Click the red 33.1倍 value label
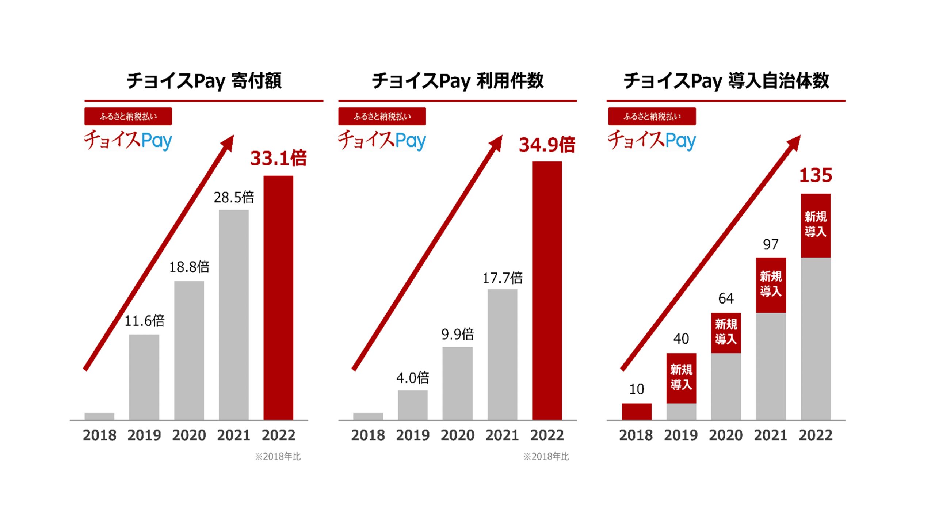pyautogui.click(x=278, y=159)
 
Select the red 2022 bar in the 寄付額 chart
pyautogui.click(x=278, y=298)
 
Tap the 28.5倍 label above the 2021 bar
pyautogui.click(x=234, y=198)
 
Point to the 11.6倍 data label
pyautogui.click(x=144, y=321)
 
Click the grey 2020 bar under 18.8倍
pyautogui.click(x=189, y=351)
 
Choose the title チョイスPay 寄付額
pyautogui.click(x=204, y=81)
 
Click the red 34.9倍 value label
pyautogui.click(x=547, y=145)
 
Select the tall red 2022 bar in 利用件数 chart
pyautogui.click(x=547, y=290)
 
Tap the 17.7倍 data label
pyautogui.click(x=502, y=278)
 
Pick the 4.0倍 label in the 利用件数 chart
pyautogui.click(x=413, y=378)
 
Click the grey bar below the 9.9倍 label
pyautogui.click(x=457, y=384)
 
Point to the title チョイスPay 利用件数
pyautogui.click(x=458, y=81)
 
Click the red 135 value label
pyautogui.click(x=816, y=175)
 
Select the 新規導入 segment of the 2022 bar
pyautogui.click(x=816, y=225)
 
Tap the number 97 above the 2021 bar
pyautogui.click(x=771, y=244)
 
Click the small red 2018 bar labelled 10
pyautogui.click(x=637, y=412)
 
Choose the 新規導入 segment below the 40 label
pyautogui.click(x=681, y=378)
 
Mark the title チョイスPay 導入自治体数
pyautogui.click(x=726, y=81)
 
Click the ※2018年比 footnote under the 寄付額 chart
pyautogui.click(x=278, y=457)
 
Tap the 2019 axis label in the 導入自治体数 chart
pyautogui.click(x=681, y=435)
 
